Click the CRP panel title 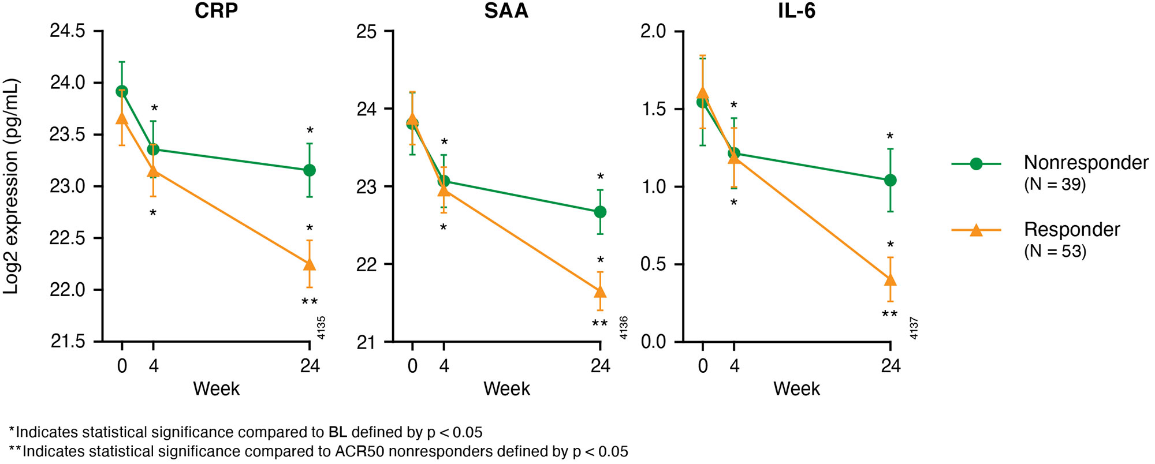pyautogui.click(x=216, y=11)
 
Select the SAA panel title pyautogui.click(x=506, y=11)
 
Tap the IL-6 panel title pyautogui.click(x=796, y=11)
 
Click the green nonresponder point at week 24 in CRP pyautogui.click(x=310, y=170)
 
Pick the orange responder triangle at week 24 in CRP pyautogui.click(x=310, y=264)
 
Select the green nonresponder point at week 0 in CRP pyautogui.click(x=122, y=91)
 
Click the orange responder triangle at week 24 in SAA pyautogui.click(x=600, y=291)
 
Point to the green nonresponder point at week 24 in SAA pyautogui.click(x=600, y=212)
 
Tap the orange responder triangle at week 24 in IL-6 pyautogui.click(x=890, y=280)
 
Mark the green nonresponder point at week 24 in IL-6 pyautogui.click(x=890, y=180)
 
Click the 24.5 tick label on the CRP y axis pyautogui.click(x=67, y=31)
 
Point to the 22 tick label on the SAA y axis pyautogui.click(x=366, y=264)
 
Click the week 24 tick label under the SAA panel pyautogui.click(x=600, y=366)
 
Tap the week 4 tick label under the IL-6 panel pyautogui.click(x=734, y=366)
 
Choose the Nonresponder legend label pyautogui.click(x=1086, y=163)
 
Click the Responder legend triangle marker pyautogui.click(x=976, y=230)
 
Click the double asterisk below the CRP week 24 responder pyautogui.click(x=310, y=302)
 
